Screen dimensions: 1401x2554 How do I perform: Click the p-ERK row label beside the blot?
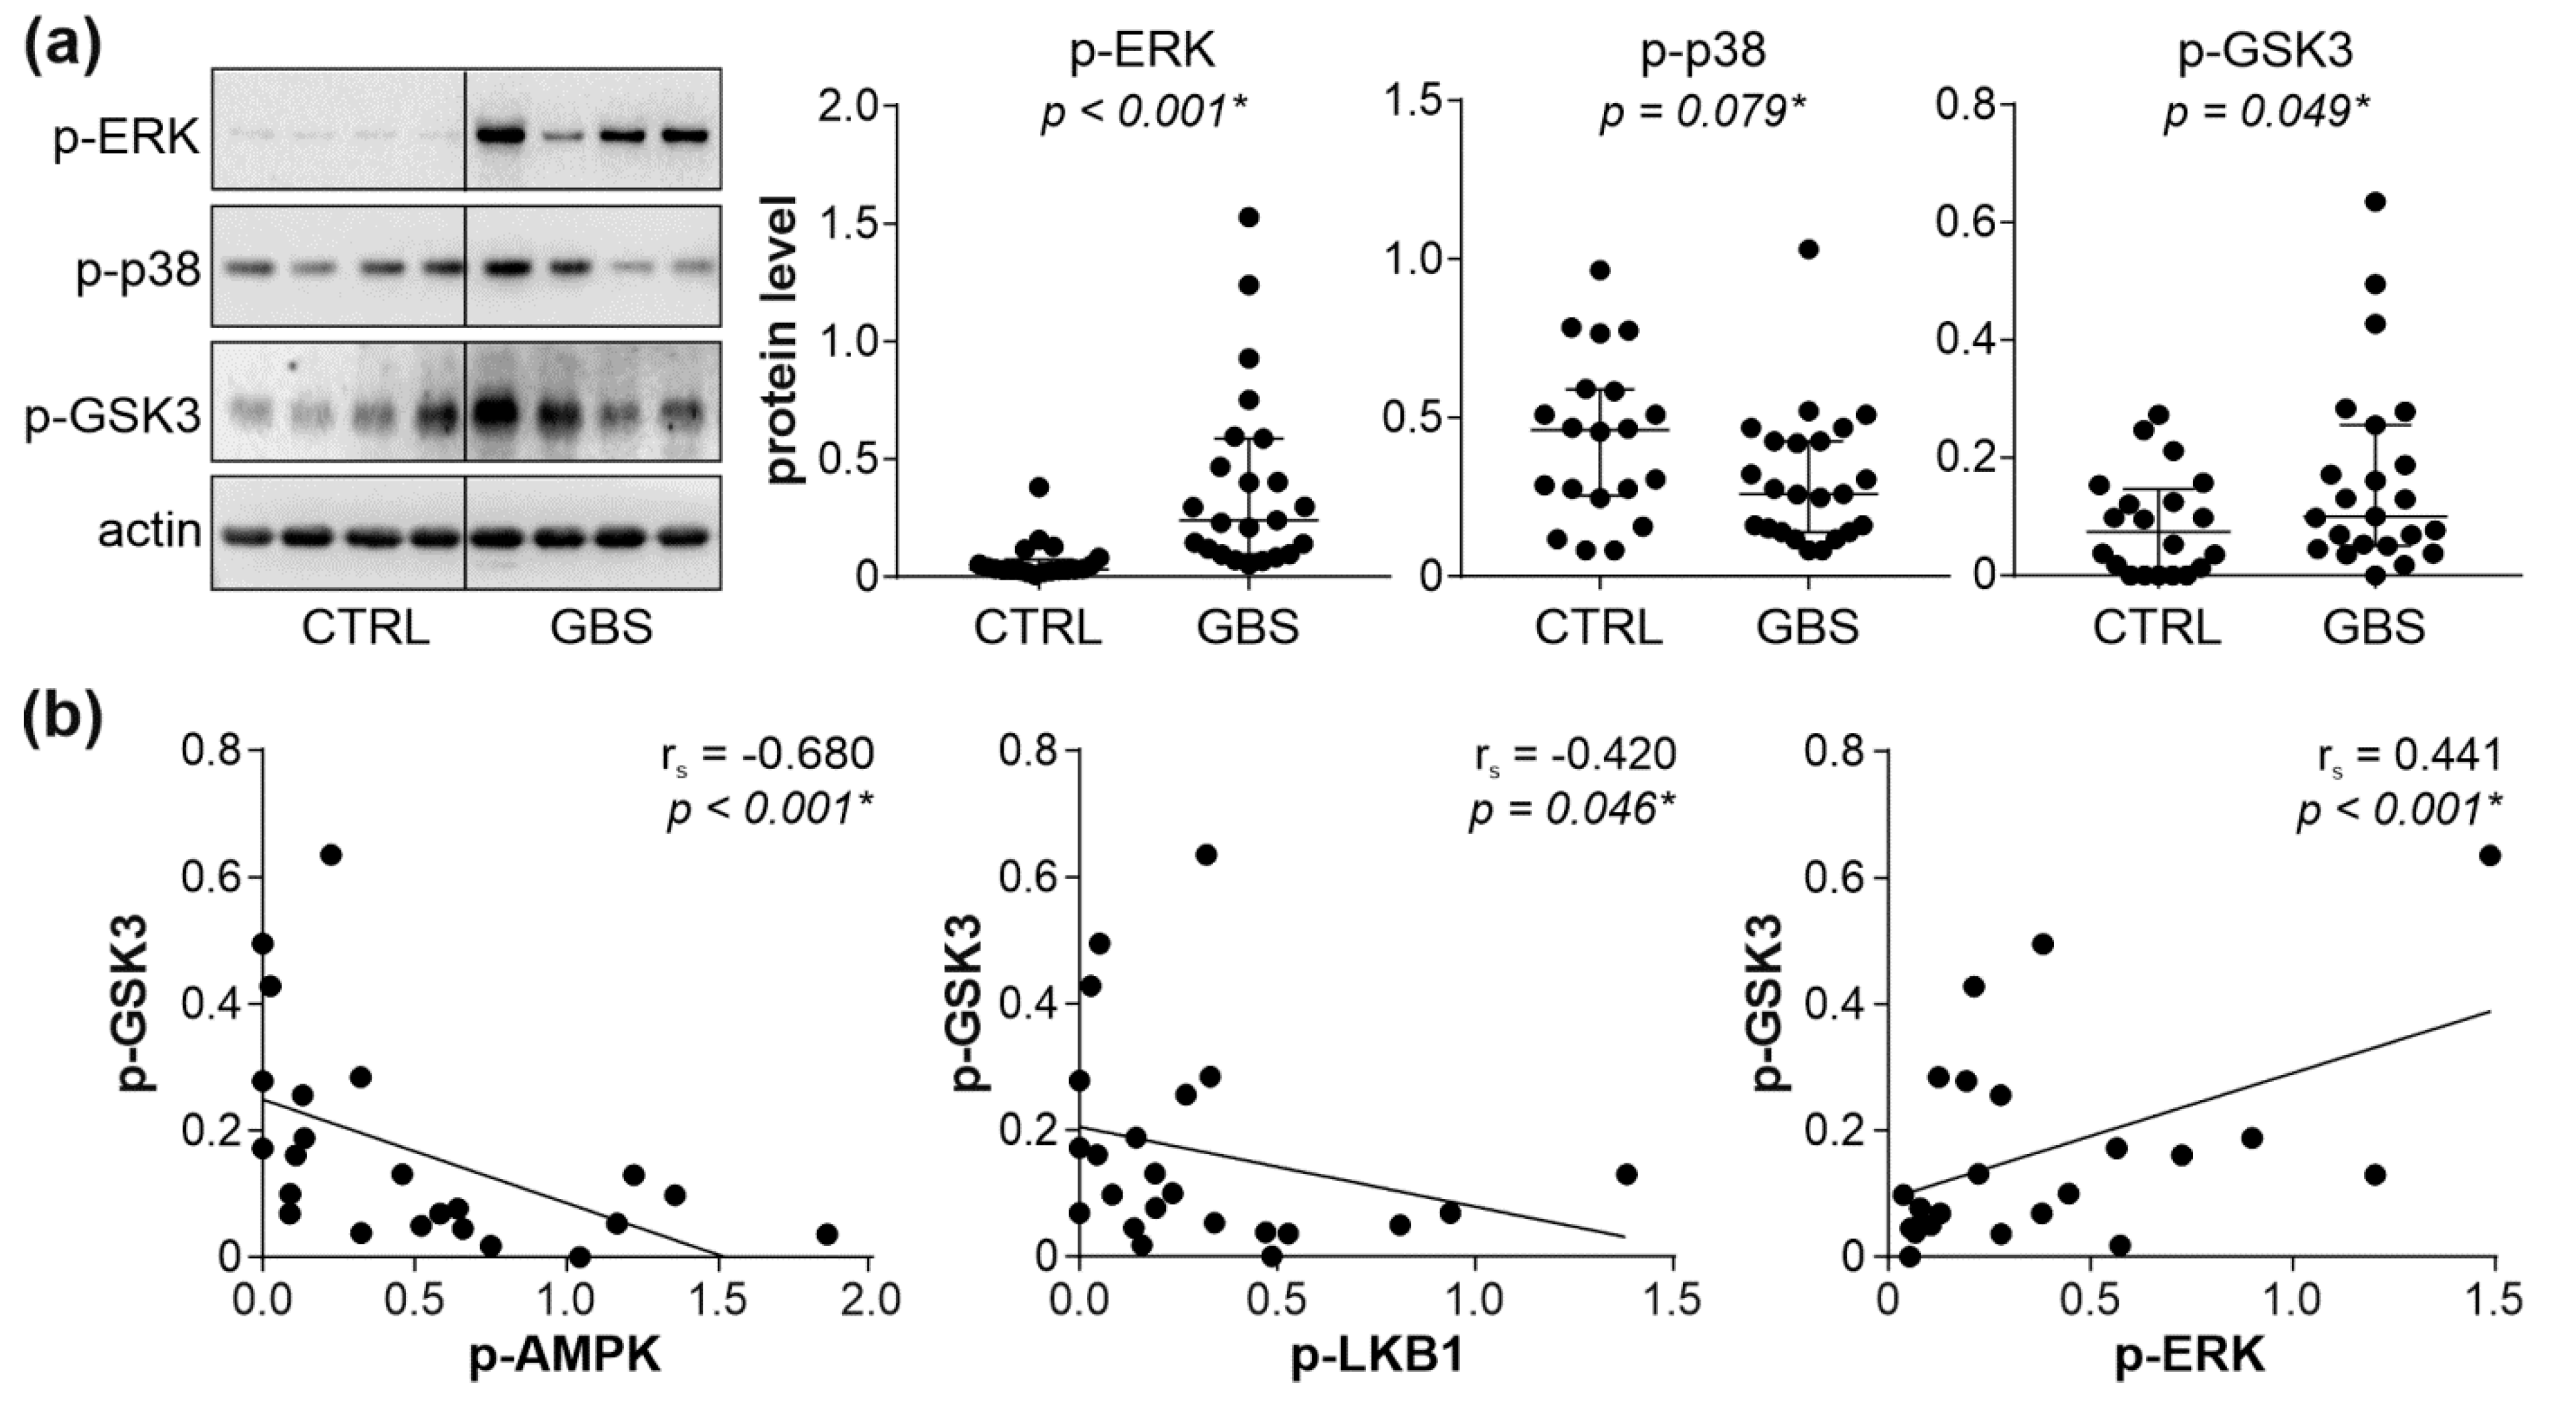(127, 139)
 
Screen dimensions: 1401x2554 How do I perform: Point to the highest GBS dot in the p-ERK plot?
(1248, 217)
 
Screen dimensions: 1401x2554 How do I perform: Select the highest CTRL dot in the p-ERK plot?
(1039, 487)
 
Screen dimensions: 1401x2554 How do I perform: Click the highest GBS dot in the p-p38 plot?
(1809, 249)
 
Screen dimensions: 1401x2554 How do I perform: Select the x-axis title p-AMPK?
(564, 1356)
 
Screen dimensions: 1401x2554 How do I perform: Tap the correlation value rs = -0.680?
(767, 757)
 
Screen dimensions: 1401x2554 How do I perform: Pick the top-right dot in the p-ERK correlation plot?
(2489, 856)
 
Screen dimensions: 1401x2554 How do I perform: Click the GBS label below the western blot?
(602, 628)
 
